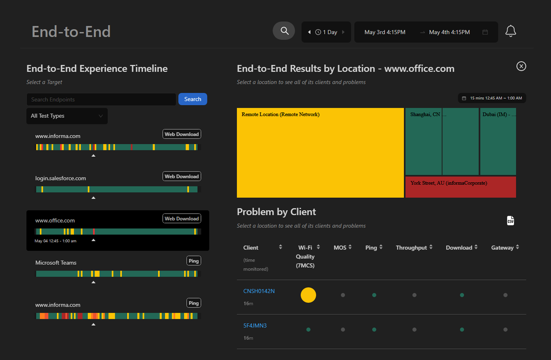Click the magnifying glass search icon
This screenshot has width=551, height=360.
(284, 31)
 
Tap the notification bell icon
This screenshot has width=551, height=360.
(511, 31)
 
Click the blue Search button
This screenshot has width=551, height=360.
(192, 99)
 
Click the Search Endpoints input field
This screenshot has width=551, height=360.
(101, 100)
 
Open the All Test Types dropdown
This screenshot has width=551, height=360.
(67, 116)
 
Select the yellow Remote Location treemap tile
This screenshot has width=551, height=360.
(320, 152)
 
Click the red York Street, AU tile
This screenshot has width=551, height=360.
(460, 187)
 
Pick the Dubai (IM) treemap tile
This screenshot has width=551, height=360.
(498, 142)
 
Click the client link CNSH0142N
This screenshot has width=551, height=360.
(259, 291)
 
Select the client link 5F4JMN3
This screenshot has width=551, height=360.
(255, 326)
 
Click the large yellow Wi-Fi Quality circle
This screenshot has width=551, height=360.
(308, 295)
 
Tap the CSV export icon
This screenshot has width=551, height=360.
(510, 221)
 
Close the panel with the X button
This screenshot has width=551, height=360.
(521, 66)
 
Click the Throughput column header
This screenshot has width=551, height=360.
(411, 248)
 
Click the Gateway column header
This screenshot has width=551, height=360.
(502, 248)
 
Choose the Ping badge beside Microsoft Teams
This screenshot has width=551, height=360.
(194, 261)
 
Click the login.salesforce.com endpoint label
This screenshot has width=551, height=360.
(61, 178)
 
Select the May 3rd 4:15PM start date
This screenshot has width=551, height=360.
(385, 32)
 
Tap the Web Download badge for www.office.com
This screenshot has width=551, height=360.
(182, 219)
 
